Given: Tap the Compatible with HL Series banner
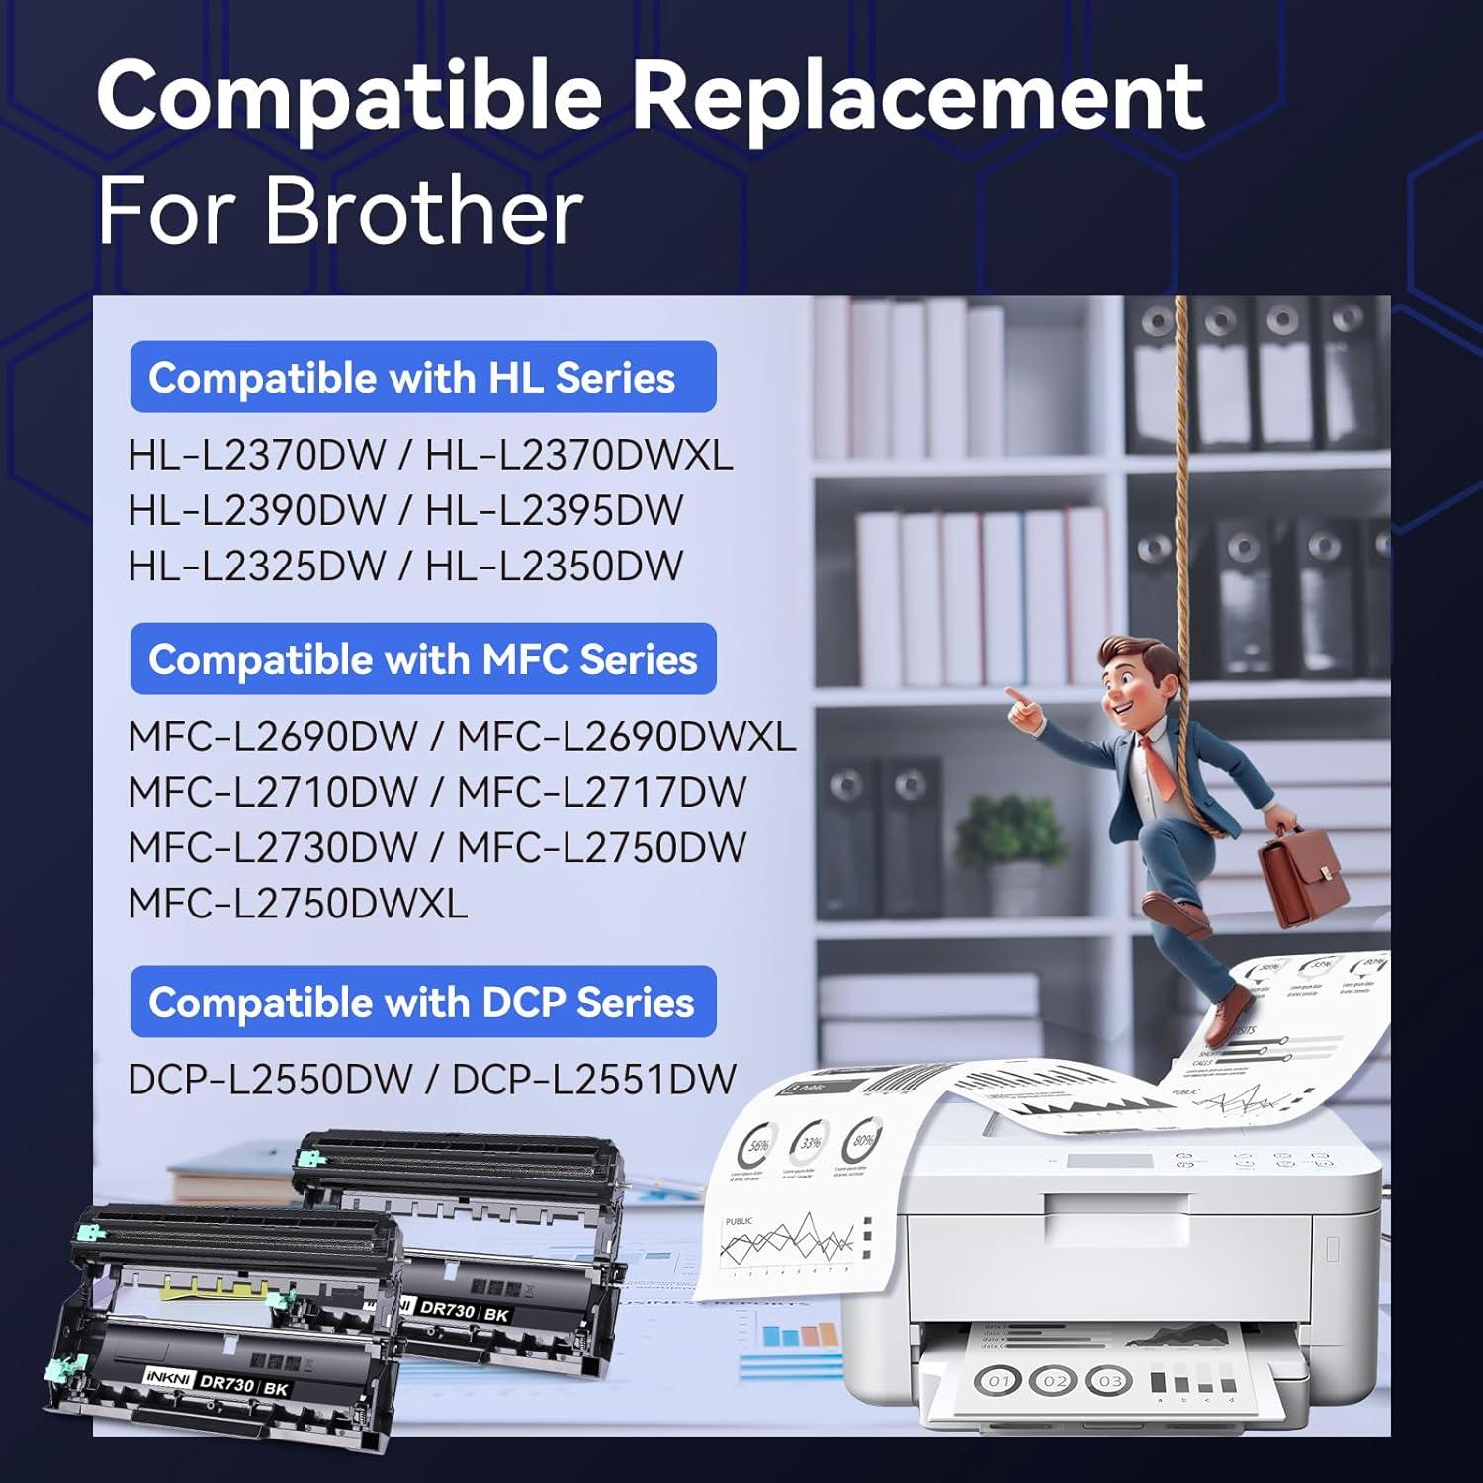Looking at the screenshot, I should pos(422,378).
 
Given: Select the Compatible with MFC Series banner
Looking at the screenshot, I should pos(422,659).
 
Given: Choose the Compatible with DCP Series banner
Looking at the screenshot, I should pos(422,1003).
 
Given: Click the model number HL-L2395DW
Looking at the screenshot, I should pos(554,511).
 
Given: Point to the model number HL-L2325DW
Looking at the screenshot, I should pos(256,567).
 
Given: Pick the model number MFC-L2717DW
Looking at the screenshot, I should pos(601,793).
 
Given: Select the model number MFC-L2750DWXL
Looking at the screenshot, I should pos(298,904).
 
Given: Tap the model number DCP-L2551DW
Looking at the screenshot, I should pos(593,1080).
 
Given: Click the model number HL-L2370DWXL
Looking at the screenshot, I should pos(578,456).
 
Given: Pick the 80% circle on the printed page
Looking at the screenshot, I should pos(862,1141).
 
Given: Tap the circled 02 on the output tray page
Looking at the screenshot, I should pos(1054,1380).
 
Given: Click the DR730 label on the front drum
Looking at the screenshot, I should pos(226,1385).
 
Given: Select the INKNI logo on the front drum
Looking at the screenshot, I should pos(167,1377).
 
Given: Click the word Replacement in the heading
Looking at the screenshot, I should pos(917,97).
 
